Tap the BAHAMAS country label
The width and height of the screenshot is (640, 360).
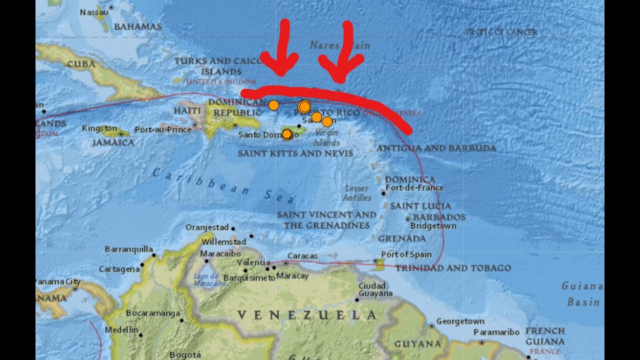[137, 26]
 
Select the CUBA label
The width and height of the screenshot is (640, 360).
[81, 64]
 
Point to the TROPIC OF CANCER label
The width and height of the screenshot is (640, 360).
[501, 32]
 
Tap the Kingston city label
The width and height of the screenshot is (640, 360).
[99, 128]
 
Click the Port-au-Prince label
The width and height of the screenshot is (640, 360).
[163, 129]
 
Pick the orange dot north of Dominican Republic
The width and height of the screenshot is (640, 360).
[273, 105]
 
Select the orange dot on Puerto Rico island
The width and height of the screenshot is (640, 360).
[287, 134]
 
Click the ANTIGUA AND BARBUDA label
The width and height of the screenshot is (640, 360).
[436, 148]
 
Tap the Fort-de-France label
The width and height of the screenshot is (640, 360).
[414, 188]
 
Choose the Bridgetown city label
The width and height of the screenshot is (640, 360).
[433, 226]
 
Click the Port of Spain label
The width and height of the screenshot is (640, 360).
[406, 254]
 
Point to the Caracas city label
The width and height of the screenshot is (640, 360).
[303, 256]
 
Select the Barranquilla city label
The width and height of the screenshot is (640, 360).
[129, 249]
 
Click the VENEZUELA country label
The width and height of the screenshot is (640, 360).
[306, 315]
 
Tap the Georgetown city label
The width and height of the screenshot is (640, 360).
[460, 321]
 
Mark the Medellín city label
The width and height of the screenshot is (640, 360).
[121, 330]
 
